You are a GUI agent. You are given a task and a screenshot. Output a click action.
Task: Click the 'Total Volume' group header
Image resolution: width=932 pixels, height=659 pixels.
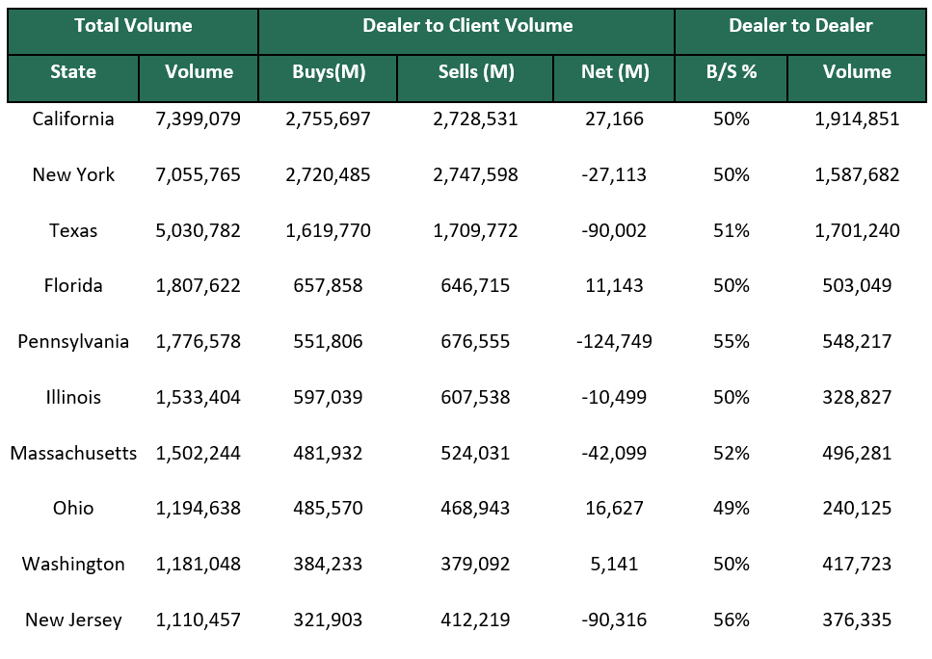[x=133, y=26]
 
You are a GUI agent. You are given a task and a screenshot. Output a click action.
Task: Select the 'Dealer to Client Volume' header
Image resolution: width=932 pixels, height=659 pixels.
[x=467, y=26]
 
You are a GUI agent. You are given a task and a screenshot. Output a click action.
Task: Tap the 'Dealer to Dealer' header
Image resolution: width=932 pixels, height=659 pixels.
[x=800, y=26]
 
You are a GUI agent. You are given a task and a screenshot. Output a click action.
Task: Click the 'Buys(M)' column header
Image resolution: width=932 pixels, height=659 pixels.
[x=329, y=72]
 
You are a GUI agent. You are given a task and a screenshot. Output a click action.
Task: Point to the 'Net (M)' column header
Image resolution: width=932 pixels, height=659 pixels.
[x=615, y=72]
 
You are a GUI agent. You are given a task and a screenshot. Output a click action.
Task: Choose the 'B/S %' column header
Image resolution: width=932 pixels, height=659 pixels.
[x=732, y=72]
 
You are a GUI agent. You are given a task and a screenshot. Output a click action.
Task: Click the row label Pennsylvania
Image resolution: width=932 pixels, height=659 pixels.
[x=73, y=342]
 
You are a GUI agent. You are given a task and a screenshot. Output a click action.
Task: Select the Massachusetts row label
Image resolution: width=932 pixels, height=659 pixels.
[x=73, y=453]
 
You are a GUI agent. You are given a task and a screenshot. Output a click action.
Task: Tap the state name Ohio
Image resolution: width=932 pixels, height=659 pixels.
[x=73, y=508]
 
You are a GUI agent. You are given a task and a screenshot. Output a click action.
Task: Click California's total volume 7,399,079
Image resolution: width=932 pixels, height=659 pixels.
[x=199, y=119]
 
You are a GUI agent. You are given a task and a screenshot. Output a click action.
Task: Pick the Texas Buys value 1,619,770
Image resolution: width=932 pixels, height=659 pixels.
[x=329, y=231]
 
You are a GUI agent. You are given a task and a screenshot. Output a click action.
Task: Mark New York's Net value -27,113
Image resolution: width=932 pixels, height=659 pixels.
[x=615, y=175]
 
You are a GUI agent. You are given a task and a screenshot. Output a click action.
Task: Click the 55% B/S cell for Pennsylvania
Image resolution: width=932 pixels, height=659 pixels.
[x=732, y=342]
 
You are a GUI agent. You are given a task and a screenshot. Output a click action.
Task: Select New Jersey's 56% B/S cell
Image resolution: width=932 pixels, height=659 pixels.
[x=732, y=620]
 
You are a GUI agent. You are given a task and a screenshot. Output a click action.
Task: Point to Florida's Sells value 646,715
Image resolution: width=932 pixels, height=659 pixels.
[x=476, y=286]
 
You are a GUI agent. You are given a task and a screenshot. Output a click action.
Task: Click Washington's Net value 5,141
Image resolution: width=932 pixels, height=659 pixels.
[x=615, y=565]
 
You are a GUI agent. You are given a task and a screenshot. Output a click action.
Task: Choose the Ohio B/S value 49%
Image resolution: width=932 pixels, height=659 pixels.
[x=732, y=508]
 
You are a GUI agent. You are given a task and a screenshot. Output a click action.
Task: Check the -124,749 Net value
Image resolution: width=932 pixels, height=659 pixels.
[x=615, y=342]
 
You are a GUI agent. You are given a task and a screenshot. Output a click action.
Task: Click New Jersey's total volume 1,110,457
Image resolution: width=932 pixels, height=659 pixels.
[x=199, y=620]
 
